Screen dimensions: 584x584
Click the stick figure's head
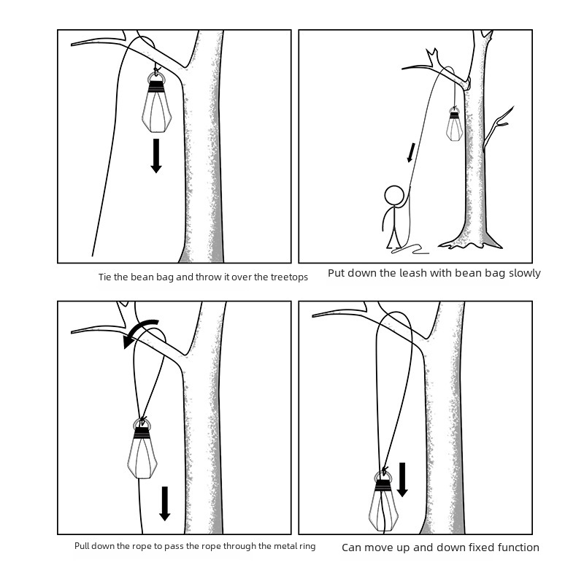coord(393,195)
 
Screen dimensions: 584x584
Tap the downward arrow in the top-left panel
coord(156,155)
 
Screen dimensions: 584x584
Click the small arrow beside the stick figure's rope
coord(411,153)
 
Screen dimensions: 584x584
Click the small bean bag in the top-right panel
coord(454,124)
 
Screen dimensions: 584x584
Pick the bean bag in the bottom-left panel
coord(142,449)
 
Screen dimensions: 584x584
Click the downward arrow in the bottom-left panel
coord(165,504)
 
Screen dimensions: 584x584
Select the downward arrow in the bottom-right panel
coord(402,480)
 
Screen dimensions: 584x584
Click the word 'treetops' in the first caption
coord(289,277)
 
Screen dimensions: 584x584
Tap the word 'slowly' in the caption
coord(525,273)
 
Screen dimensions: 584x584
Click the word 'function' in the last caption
coord(518,547)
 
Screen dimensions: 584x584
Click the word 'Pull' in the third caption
coord(82,546)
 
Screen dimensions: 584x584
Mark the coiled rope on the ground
coord(410,249)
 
